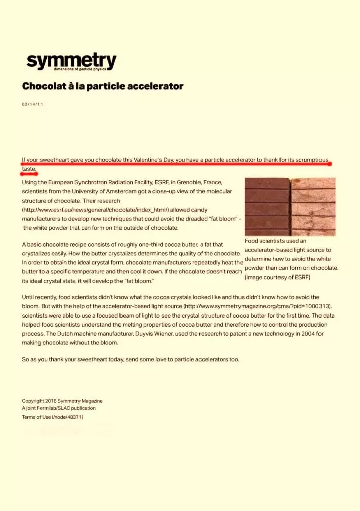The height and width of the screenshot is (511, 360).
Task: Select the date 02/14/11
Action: pos(32,104)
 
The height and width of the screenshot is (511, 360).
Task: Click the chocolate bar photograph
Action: pos(290,207)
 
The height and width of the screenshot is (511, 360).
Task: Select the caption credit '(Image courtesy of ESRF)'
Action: pos(277,278)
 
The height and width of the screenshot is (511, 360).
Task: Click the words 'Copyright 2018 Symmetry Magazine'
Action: pos(62,401)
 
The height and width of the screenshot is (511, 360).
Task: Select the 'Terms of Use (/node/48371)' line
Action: pos(52,417)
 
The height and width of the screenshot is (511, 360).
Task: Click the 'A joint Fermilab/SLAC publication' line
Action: pos(58,408)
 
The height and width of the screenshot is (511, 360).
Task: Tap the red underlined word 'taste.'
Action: pos(29,169)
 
